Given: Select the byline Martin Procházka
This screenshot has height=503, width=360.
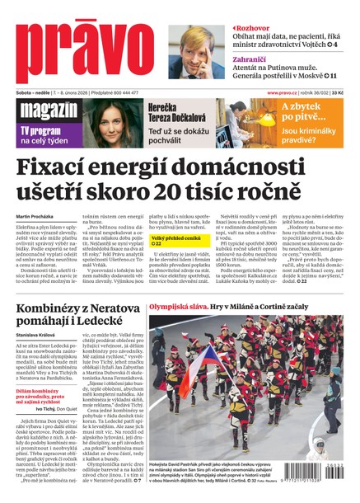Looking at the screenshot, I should click(35, 216).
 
